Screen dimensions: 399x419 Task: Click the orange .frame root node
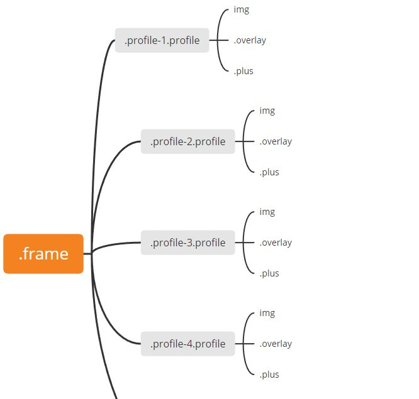coord(43,254)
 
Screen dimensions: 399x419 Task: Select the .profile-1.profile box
coord(162,41)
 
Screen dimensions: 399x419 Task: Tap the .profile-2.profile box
coord(187,142)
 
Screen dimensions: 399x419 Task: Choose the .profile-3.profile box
coord(187,243)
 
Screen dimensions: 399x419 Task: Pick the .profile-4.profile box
coord(187,344)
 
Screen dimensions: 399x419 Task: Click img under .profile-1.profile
coord(241,9)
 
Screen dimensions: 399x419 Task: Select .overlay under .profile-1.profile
coord(250,41)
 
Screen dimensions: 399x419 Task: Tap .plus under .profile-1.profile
coord(243,71)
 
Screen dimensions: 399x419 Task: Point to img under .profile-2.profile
coord(267,111)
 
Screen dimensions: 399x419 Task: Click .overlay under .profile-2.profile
coord(276,142)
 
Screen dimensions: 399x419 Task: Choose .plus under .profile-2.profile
coord(269,173)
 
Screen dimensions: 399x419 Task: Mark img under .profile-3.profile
coord(267,212)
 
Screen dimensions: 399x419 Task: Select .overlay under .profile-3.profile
coord(276,243)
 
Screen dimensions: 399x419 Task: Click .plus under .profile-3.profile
coord(269,274)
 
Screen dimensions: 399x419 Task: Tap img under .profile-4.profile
coord(267,314)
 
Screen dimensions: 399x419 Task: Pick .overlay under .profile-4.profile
coord(276,344)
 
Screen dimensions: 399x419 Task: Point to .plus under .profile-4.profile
coord(269,375)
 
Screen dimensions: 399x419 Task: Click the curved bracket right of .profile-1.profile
coord(218,41)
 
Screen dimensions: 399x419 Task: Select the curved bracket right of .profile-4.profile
coord(243,344)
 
